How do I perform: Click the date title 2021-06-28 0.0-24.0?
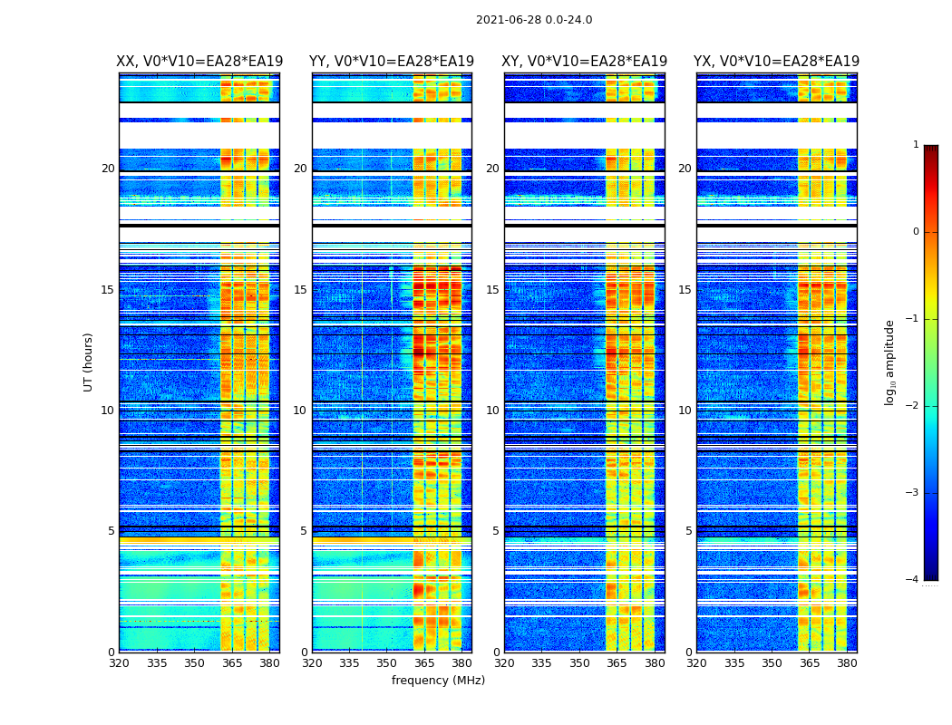click(x=534, y=20)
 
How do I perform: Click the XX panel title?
click(x=199, y=62)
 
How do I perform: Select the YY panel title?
click(x=392, y=62)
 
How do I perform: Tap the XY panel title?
click(x=585, y=62)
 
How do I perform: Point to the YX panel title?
click(x=776, y=62)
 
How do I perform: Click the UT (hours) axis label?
click(x=89, y=362)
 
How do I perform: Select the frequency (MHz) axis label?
click(x=438, y=681)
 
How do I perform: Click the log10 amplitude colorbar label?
click(x=890, y=362)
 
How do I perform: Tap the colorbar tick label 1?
click(x=916, y=145)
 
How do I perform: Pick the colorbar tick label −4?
click(x=913, y=580)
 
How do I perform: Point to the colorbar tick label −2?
click(x=913, y=406)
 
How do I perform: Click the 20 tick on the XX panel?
click(x=108, y=169)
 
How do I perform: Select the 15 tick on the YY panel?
click(x=300, y=290)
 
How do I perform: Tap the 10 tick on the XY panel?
click(x=492, y=411)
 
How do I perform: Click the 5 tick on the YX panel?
click(x=688, y=531)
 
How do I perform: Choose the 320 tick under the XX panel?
click(x=119, y=663)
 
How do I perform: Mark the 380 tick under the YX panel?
click(x=847, y=663)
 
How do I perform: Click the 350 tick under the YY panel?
click(x=387, y=663)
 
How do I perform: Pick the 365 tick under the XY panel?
click(x=617, y=663)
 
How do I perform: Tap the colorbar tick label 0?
click(x=916, y=232)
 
